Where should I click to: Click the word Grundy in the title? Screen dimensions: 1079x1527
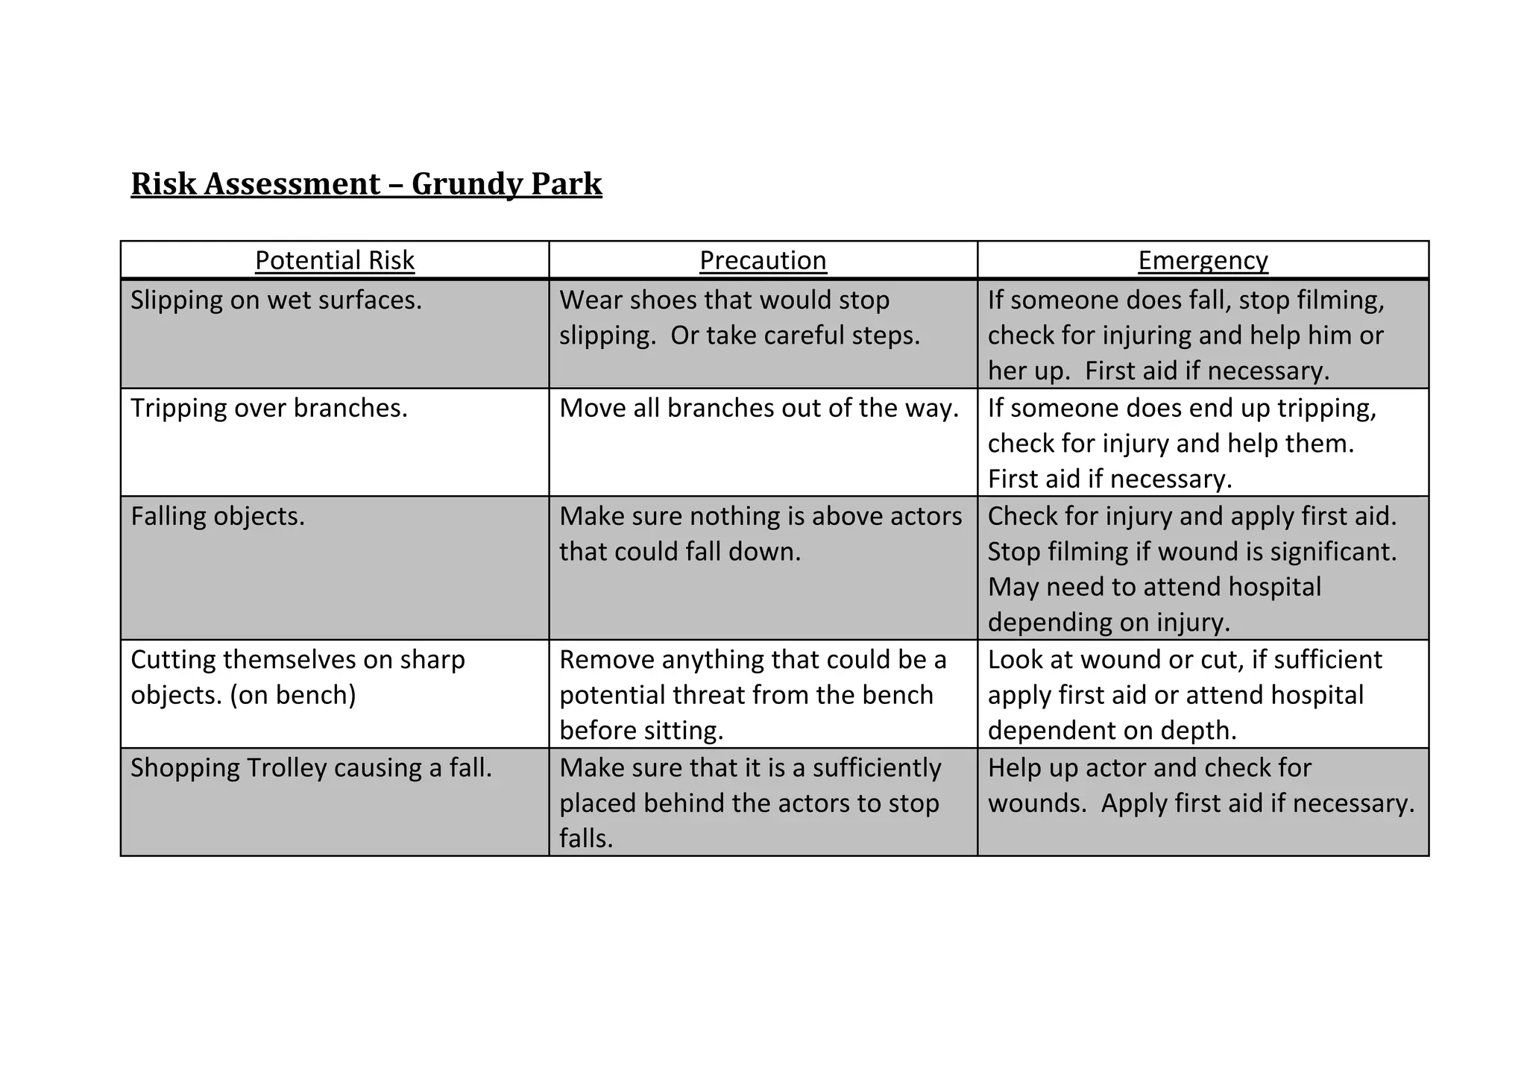pyautogui.click(x=456, y=184)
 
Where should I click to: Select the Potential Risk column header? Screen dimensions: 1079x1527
pyautogui.click(x=334, y=260)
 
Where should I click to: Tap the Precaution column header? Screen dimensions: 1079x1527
pyautogui.click(x=763, y=260)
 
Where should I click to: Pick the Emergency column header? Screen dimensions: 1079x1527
pyautogui.click(x=1203, y=260)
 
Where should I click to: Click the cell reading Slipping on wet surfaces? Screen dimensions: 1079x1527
pyautogui.click(x=276, y=301)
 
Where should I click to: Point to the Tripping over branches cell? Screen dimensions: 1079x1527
pyautogui.click(x=269, y=409)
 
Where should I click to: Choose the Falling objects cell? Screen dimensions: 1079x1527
pyautogui.click(x=218, y=517)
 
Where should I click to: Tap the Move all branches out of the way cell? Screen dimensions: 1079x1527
pyautogui.click(x=758, y=409)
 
